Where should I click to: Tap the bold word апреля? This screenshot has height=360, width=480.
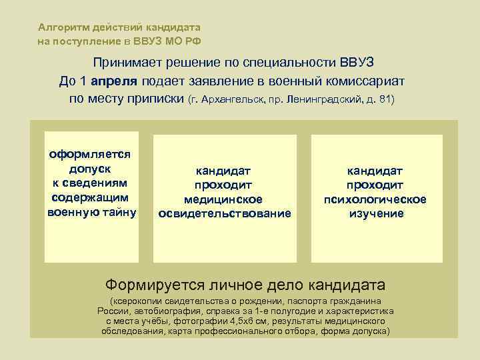(115, 81)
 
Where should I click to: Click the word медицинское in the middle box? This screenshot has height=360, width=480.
(223, 199)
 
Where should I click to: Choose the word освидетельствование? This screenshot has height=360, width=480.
(224, 213)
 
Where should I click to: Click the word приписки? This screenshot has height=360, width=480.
(156, 99)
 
